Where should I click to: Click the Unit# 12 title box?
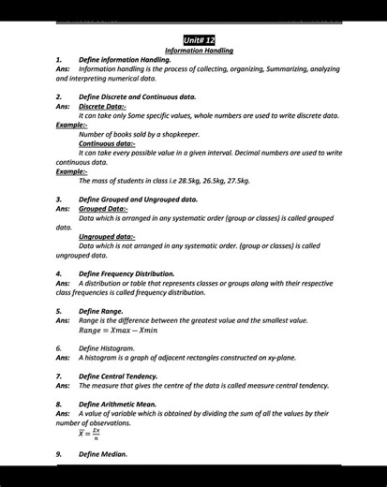tap(199, 41)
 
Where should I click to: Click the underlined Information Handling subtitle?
tap(199, 51)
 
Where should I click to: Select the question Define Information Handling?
tap(125, 60)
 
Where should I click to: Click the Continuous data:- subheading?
tap(106, 143)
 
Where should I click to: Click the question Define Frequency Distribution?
tap(127, 274)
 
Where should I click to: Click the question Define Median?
tap(102, 454)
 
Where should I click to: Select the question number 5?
tap(59, 310)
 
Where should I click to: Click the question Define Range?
tap(101, 310)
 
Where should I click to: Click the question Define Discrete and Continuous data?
tap(138, 96)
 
